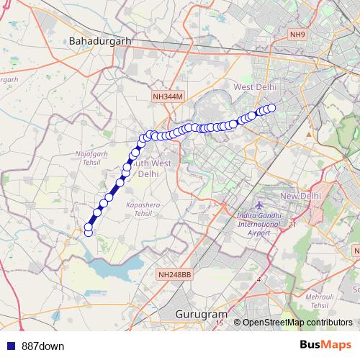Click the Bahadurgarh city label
tap(99, 41)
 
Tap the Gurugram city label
tap(201, 315)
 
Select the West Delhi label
tap(256, 87)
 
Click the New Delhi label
tap(299, 196)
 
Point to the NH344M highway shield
tap(169, 96)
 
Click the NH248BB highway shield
tap(174, 274)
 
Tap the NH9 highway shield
tap(297, 34)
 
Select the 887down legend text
tap(43, 346)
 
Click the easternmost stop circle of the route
tap(271, 108)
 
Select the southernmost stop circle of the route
tap(89, 233)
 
